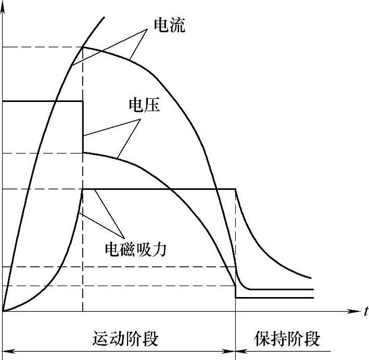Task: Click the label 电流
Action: (169, 25)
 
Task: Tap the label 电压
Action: (144, 106)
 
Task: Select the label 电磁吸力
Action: (135, 249)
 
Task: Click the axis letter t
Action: (366, 312)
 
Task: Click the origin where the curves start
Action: (3, 311)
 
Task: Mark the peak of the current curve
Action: (83, 47)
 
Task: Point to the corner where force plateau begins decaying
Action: (236, 189)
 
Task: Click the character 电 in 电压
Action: (136, 106)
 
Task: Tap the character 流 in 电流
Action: (177, 25)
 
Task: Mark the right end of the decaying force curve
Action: (311, 278)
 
